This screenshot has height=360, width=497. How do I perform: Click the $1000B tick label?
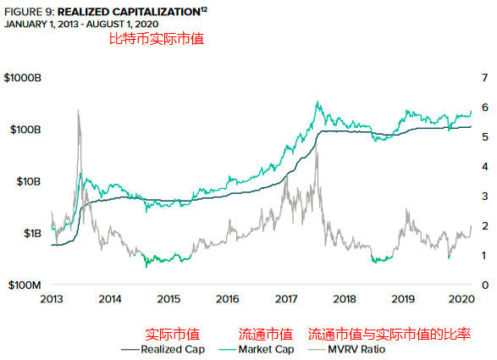24,78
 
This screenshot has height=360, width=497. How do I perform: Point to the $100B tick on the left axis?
25,130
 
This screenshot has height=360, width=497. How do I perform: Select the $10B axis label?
27,181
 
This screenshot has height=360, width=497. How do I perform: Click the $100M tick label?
25,285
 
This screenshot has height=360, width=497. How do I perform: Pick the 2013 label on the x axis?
52,299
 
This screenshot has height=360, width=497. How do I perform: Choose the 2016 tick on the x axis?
227,299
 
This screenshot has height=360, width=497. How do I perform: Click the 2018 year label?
344,299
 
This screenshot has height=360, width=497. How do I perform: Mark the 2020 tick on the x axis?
461,299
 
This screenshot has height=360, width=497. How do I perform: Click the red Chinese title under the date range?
157,38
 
